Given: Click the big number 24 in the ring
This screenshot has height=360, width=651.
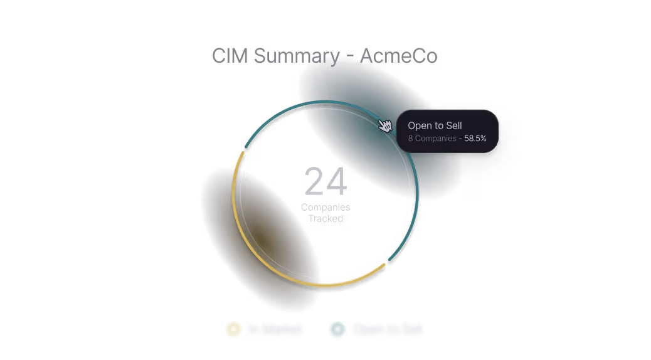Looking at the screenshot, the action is click(x=325, y=182).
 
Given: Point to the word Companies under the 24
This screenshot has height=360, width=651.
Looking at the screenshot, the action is click(x=325, y=207).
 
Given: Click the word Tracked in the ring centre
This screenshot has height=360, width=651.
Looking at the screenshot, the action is click(x=325, y=219).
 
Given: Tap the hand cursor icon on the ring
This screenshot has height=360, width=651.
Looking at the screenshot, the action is click(x=385, y=125).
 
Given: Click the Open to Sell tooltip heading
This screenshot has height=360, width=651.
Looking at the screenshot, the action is click(x=435, y=126).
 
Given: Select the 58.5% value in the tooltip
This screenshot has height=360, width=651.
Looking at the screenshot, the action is click(x=475, y=138).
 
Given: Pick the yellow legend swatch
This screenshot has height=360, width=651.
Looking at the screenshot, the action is click(x=233, y=329).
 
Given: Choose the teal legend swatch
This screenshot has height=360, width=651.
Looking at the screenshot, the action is click(x=337, y=329).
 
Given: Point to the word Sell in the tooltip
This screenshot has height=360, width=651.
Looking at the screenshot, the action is click(x=453, y=126).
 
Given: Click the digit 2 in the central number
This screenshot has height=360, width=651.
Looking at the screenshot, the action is click(x=314, y=182).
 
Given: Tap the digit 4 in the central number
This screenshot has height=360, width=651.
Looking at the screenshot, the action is click(x=337, y=182).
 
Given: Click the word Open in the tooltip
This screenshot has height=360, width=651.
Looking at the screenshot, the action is click(x=420, y=126).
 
